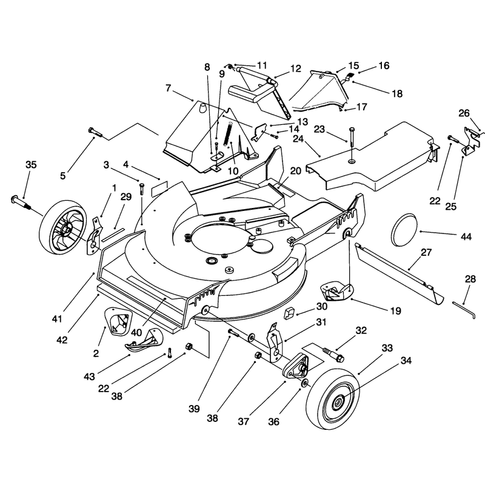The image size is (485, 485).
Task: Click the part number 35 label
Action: click(x=31, y=165)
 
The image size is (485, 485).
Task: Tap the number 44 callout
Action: click(x=466, y=236)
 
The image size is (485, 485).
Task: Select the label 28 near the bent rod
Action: click(x=470, y=279)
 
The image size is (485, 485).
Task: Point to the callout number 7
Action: click(x=168, y=88)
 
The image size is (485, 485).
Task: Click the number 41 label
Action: click(x=57, y=319)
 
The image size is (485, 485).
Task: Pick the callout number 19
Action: click(x=396, y=310)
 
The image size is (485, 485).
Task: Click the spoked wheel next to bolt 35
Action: click(x=62, y=227)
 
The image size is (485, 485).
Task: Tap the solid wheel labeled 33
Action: click(x=332, y=399)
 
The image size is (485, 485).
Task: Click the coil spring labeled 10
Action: click(x=229, y=133)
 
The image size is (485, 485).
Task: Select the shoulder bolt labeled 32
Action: click(x=333, y=355)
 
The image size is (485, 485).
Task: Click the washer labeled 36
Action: click(x=304, y=383)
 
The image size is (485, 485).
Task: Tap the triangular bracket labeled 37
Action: click(x=296, y=366)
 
